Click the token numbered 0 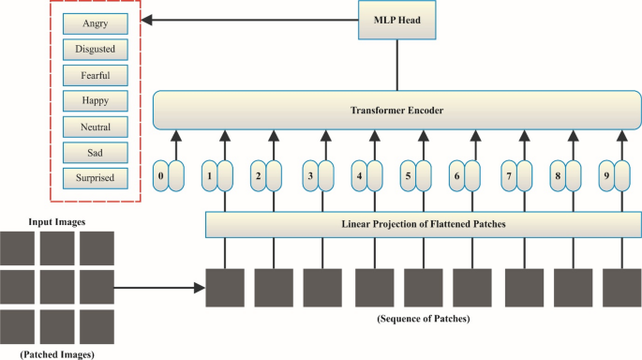(x=162, y=174)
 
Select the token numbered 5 (x=407, y=174)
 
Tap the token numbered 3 (x=308, y=174)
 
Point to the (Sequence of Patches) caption (x=424, y=318)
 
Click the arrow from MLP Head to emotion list (x=253, y=20)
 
